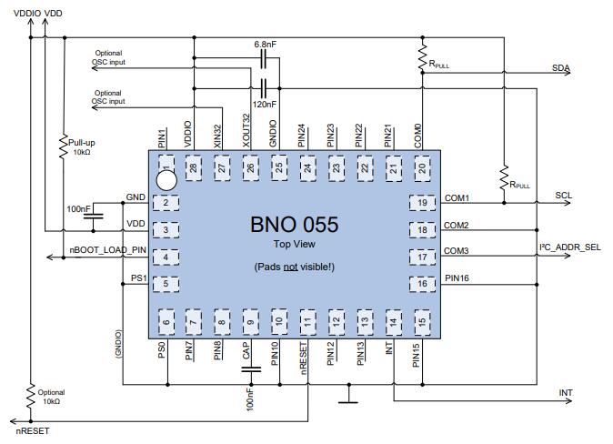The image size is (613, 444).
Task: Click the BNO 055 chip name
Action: (293, 224)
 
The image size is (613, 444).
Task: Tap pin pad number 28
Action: (192, 167)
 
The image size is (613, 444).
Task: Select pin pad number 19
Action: (423, 202)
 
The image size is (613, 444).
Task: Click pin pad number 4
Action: (166, 257)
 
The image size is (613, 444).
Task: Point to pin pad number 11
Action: (308, 319)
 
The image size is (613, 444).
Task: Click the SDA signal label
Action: (562, 68)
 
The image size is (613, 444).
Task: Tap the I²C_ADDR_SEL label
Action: (570, 247)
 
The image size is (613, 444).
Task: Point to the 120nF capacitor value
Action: (265, 105)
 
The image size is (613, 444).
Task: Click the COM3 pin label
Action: (456, 250)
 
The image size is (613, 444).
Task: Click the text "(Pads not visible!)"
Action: (293, 266)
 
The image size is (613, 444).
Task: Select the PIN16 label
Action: (457, 277)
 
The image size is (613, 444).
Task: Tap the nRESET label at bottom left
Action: (33, 430)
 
